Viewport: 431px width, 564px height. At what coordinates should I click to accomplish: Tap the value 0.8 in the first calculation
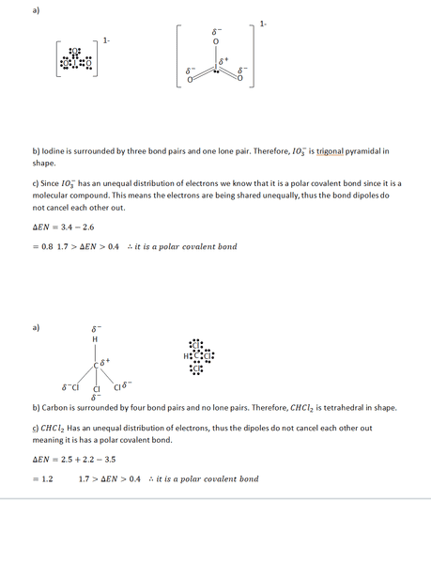point(44,247)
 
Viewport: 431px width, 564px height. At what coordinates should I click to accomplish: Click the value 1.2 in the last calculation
point(45,479)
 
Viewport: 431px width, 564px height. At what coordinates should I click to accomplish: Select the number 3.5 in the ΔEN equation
point(110,460)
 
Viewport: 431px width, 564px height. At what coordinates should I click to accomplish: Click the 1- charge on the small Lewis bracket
point(106,40)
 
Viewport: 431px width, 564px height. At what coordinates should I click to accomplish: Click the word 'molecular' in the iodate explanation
point(53,195)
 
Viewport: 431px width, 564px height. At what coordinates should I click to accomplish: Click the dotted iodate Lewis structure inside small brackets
point(76,61)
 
